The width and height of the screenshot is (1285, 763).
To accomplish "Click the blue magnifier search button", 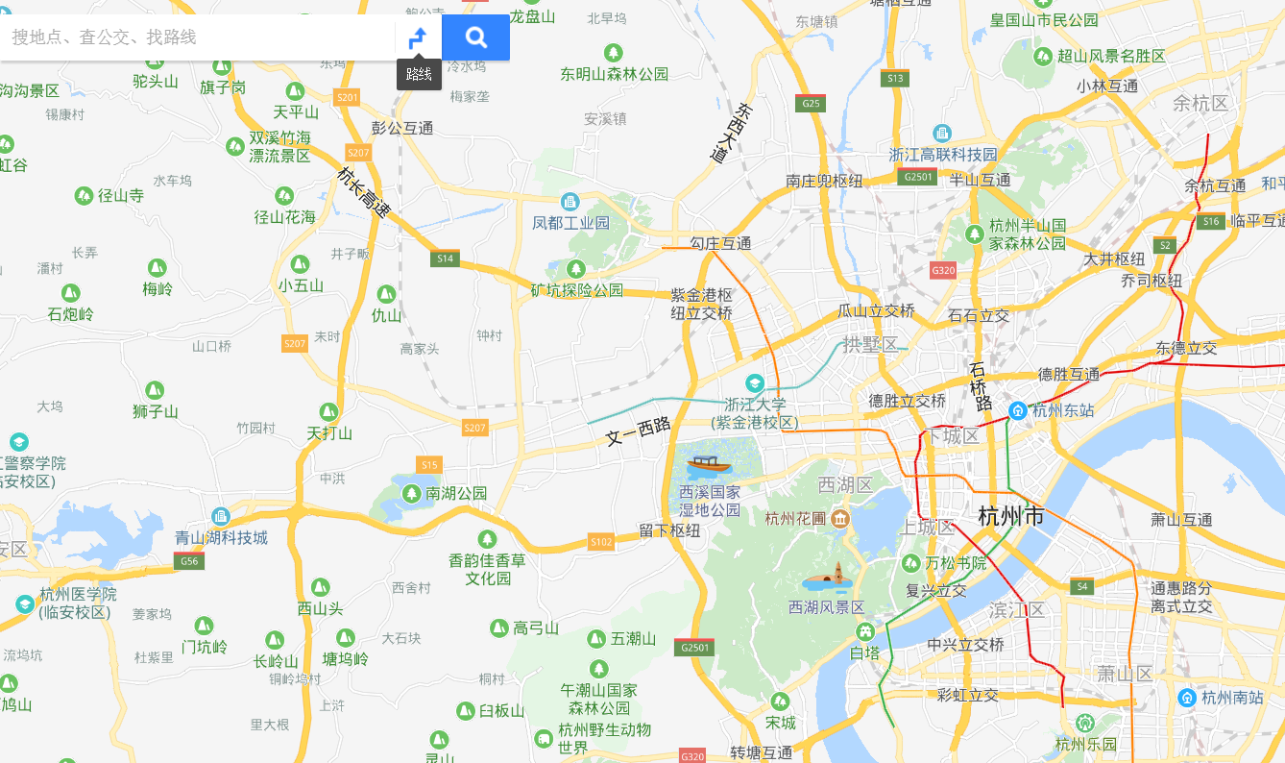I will coord(475,37).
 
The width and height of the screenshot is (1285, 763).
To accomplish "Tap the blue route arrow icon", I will coord(418,38).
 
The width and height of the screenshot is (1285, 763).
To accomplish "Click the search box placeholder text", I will coord(104,37).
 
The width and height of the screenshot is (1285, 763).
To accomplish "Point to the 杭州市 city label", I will coord(1010,516).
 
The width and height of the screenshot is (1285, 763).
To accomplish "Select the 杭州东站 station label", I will coord(1062,410).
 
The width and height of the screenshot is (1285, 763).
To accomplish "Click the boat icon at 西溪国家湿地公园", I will coord(709,466).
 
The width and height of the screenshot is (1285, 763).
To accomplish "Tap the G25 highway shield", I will coord(812,103).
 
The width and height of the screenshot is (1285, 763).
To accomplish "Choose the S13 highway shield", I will coord(895,79).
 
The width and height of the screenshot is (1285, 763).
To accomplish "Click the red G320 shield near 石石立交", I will coord(943,270).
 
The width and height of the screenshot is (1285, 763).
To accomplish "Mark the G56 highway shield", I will coord(189,561).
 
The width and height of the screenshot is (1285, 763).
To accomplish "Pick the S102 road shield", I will coord(601,542).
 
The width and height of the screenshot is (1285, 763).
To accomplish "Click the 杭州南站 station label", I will coord(1232,697).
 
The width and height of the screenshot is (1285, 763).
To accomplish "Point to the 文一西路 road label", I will coord(638,432).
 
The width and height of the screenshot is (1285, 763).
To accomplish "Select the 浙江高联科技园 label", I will coord(942,155).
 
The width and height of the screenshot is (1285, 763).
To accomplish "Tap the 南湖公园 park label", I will coord(456,493).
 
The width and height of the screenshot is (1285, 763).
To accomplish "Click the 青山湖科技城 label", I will coord(221,537).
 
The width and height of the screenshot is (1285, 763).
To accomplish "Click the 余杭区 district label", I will coord(1200,103).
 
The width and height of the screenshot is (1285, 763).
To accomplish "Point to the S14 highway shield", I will coord(445,258).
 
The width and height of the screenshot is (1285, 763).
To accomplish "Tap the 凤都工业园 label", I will coord(570,223).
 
